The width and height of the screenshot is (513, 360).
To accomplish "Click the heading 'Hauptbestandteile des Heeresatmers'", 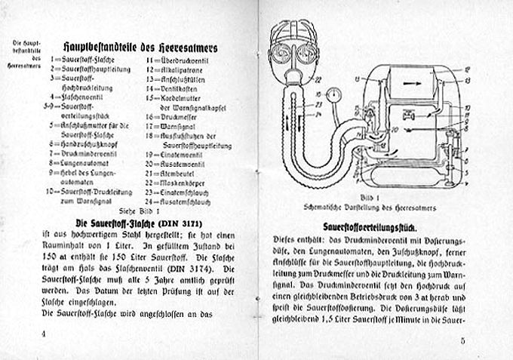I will click(140, 46).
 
